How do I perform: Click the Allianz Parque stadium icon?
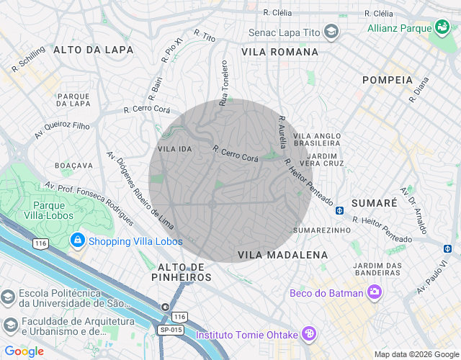pos(442,28)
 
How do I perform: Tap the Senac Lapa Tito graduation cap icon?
pos(331,32)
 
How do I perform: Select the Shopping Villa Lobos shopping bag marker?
pos(77,240)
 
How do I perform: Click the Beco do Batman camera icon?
pos(374,292)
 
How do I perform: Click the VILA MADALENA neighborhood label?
pos(282,255)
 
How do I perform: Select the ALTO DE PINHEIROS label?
pos(182,272)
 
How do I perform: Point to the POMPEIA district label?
pos(388,80)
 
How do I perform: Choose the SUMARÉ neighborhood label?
pos(374,203)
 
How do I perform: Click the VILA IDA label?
pos(175,148)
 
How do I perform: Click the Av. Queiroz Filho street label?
pos(62,130)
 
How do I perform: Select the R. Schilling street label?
pos(28,59)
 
